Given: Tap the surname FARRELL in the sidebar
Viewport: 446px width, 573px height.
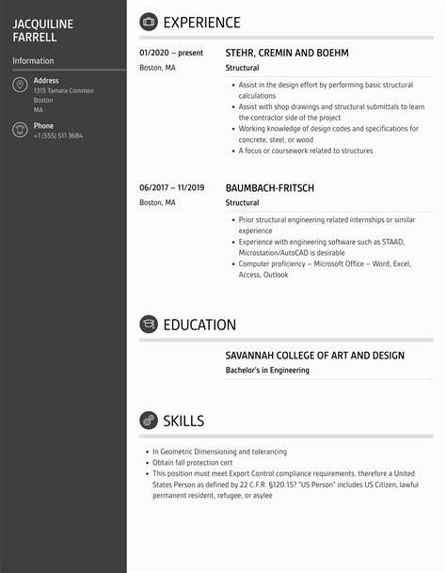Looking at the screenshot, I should point(35,38).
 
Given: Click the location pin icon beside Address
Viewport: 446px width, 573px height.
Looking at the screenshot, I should point(20,86).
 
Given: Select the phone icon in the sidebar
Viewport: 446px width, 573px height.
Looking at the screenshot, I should point(20,131).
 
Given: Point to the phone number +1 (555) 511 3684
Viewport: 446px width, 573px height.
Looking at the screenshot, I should point(58,136).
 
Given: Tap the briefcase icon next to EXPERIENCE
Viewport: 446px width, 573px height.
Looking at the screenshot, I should point(149,23).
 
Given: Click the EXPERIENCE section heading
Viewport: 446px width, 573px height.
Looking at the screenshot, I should point(201,23).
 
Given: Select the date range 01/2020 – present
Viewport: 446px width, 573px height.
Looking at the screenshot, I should point(171,54).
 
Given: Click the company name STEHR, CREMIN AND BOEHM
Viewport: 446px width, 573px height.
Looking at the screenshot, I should point(287,54).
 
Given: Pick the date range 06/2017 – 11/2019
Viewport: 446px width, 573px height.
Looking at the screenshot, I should point(172,187).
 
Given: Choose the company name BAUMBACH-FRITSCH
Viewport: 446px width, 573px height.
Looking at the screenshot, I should point(270,187).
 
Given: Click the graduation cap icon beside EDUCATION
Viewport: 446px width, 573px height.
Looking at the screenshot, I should point(149,325).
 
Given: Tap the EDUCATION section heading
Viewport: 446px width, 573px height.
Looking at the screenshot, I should point(199,325).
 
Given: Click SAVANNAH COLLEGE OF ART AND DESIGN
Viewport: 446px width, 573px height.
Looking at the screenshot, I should point(315,356).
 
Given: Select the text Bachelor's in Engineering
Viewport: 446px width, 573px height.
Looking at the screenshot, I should point(267,371).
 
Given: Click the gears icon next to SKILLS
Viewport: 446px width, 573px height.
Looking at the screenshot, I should point(149,421).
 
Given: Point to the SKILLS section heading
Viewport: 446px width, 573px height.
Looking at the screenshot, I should point(183,421).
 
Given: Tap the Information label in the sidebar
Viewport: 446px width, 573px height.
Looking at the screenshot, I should point(33,61).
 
